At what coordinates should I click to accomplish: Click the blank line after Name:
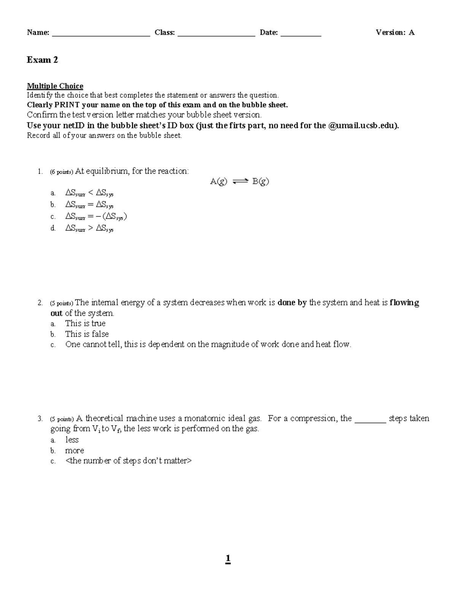coord(101,34)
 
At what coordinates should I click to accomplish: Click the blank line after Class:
coord(216,34)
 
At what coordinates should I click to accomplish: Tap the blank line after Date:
coord(301,34)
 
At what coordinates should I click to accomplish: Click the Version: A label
coord(395,33)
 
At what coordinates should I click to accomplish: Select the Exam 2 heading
coord(42,60)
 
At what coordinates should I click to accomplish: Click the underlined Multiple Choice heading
coord(55,86)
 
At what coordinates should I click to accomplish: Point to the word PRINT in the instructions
coord(67,105)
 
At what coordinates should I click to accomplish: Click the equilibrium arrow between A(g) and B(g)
coord(240,182)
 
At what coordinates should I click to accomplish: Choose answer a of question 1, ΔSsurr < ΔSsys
coord(89,194)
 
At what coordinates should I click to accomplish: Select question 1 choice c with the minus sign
coord(96,217)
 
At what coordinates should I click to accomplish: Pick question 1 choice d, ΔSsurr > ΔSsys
coord(89,228)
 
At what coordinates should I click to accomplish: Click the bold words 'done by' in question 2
coord(292,303)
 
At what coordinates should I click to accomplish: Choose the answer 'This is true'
coord(85,323)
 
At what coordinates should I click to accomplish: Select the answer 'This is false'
coord(87,334)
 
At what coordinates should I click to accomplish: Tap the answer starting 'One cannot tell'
coord(208,345)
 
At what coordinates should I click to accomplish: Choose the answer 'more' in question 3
coord(74,451)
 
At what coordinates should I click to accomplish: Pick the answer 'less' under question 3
coord(72,440)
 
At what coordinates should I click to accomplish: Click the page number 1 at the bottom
coord(228,559)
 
